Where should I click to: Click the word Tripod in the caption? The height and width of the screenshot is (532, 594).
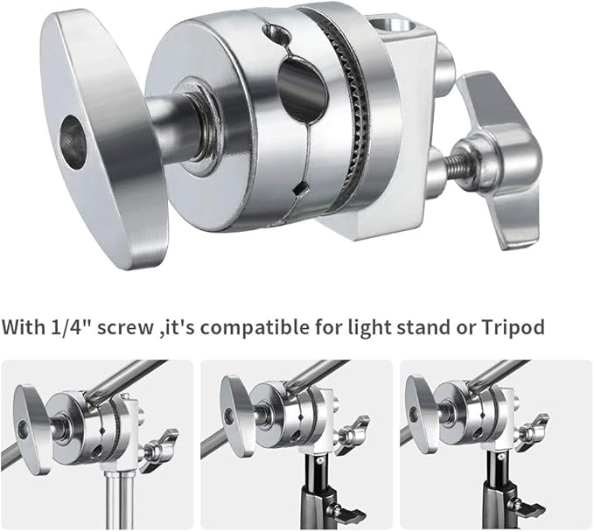tap(514, 329)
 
